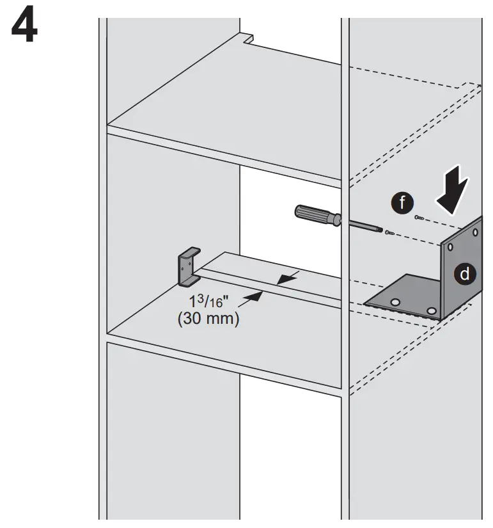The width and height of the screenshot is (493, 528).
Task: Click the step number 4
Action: pyautogui.click(x=25, y=26)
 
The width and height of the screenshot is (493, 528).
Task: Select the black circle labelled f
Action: pyautogui.click(x=402, y=204)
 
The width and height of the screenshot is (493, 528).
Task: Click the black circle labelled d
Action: pyautogui.click(x=465, y=273)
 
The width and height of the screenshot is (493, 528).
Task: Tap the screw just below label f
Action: pyautogui.click(x=419, y=219)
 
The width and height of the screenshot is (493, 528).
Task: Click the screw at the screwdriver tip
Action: pyautogui.click(x=389, y=232)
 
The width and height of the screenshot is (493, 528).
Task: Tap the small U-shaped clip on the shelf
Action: pyautogui.click(x=188, y=267)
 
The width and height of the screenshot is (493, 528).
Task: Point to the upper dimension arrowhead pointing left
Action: pyautogui.click(x=285, y=278)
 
